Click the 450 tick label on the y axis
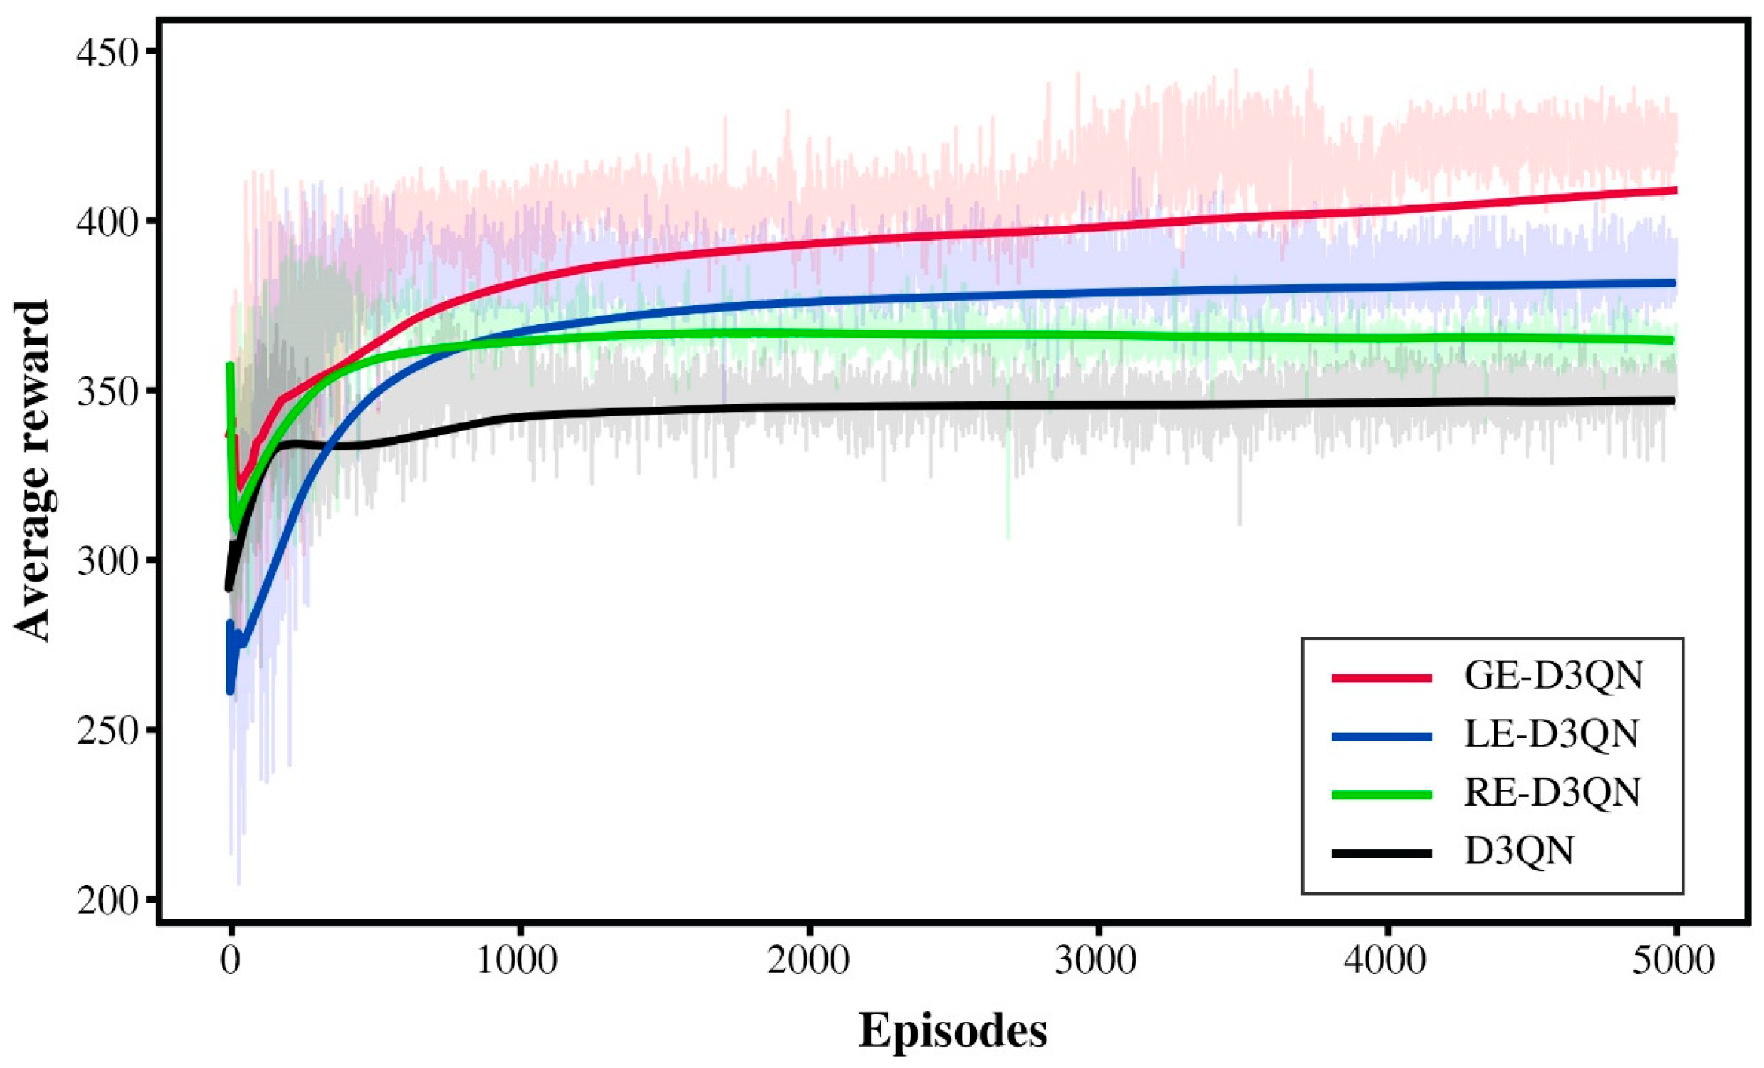108,53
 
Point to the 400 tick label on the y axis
108,222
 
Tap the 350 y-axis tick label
108,392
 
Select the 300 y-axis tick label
108,562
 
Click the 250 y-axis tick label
108,731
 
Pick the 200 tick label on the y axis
108,901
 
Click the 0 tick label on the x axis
230,961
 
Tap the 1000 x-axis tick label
518,961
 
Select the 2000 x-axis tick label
808,961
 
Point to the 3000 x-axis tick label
1097,961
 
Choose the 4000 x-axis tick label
1387,961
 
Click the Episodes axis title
953,1030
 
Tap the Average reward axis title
32,471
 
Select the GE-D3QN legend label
1553,676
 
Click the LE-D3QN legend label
1552,734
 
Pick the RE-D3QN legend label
1552,793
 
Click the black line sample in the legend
1381,853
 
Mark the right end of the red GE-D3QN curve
1674,190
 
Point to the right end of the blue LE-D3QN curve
1673,284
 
